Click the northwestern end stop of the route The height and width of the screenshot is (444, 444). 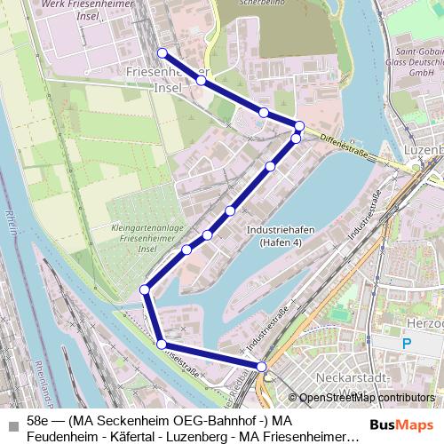click(x=162, y=52)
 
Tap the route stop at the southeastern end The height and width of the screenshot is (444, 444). click(x=262, y=366)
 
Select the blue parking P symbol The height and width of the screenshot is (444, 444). click(x=407, y=343)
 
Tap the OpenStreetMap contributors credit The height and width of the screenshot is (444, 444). click(x=367, y=398)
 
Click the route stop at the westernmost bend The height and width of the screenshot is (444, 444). click(x=145, y=289)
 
